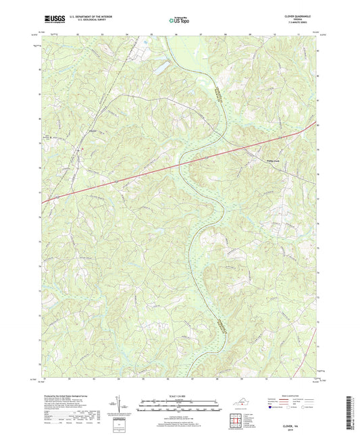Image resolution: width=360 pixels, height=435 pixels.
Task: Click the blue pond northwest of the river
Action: [x=160, y=68]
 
